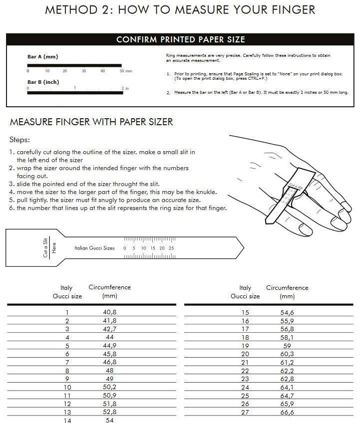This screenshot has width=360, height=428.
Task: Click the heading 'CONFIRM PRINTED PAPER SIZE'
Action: (180, 40)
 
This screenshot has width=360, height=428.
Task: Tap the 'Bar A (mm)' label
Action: (42, 57)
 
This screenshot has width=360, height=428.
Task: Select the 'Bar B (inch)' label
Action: (43, 82)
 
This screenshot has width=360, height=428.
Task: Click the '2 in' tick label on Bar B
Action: (125, 88)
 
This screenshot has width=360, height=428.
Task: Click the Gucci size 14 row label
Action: (67, 421)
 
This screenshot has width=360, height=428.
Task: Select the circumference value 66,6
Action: (287, 413)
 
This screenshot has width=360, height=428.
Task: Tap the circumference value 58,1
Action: (287, 337)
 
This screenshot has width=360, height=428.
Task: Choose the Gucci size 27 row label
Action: (245, 413)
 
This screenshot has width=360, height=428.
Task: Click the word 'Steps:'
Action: (20, 140)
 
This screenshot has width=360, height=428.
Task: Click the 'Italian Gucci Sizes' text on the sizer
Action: (94, 248)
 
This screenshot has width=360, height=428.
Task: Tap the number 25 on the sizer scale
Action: (171, 248)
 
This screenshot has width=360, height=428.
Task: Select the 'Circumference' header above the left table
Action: (109, 287)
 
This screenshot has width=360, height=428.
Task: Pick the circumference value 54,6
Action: (287, 312)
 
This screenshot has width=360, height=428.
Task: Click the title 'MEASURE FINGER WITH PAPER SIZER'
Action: (91, 122)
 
